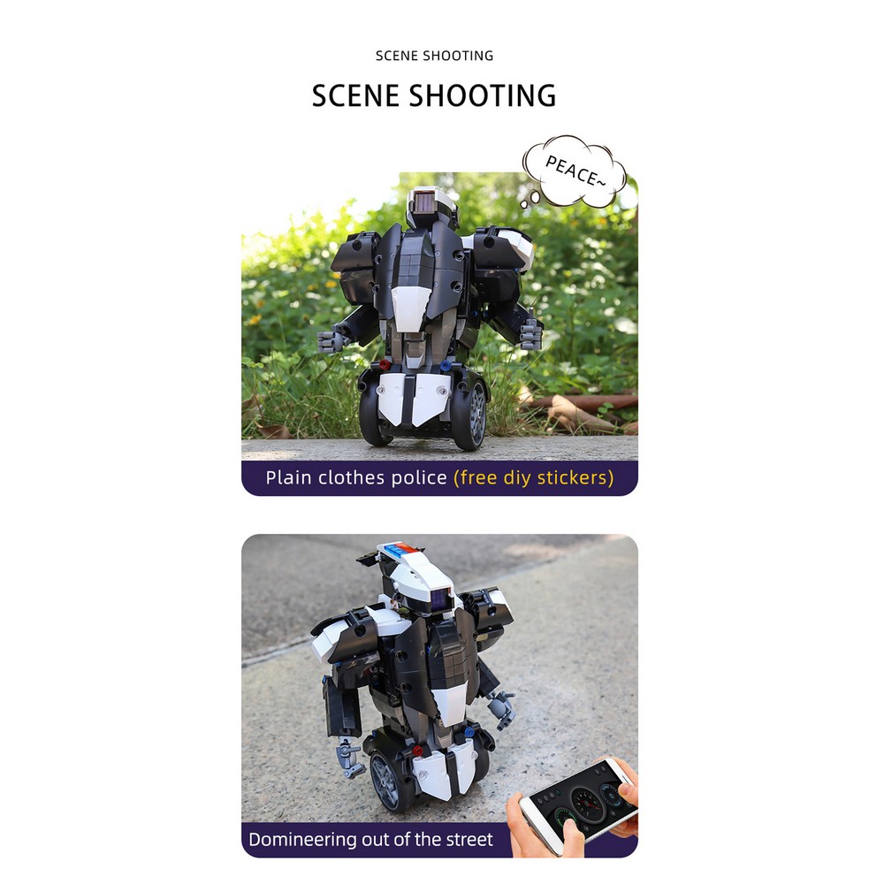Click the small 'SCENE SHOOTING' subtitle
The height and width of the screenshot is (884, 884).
click(434, 56)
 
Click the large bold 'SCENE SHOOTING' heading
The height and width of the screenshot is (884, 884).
click(434, 95)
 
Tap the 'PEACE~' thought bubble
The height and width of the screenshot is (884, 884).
click(574, 171)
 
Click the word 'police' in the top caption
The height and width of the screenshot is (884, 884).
click(419, 477)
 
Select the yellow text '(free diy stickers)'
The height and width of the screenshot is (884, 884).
click(533, 477)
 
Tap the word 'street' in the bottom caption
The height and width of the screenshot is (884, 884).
click(469, 840)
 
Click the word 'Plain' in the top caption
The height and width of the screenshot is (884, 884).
click(287, 477)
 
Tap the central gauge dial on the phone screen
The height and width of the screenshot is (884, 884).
click(586, 797)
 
